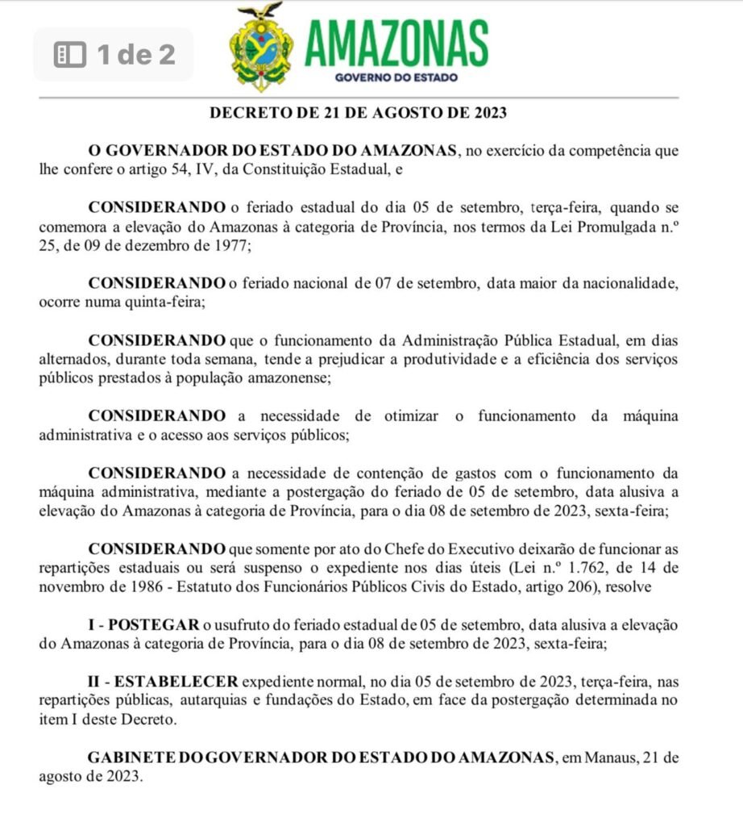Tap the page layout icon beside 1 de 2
click(x=68, y=55)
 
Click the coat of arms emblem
click(x=259, y=48)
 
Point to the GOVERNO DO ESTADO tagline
click(x=396, y=78)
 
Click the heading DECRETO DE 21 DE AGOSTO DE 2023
click(x=359, y=113)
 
